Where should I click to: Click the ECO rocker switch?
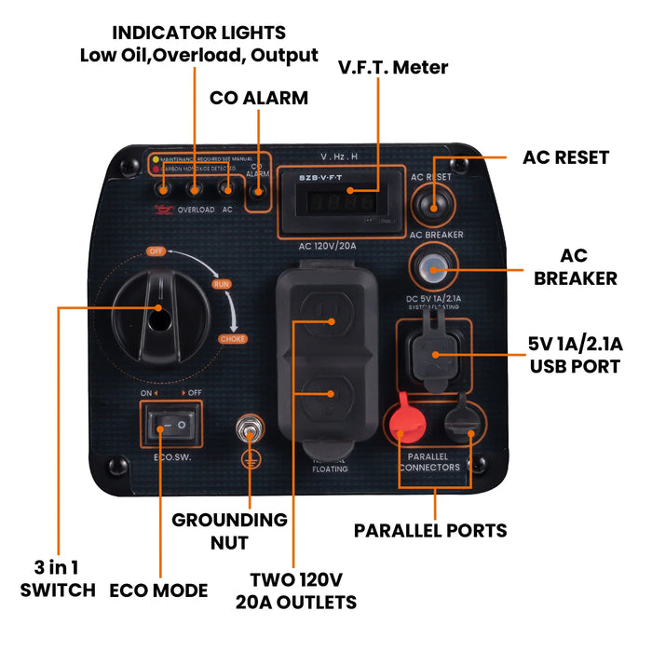click(x=172, y=428)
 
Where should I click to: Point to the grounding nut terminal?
click(x=249, y=430)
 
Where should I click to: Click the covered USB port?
click(x=434, y=352)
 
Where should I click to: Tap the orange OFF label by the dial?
click(x=156, y=251)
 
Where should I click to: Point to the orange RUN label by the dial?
click(x=222, y=283)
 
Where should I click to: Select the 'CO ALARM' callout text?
click(x=258, y=98)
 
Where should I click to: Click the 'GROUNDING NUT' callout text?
click(x=229, y=530)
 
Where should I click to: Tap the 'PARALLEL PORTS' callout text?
click(x=430, y=530)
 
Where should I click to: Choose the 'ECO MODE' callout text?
click(x=158, y=590)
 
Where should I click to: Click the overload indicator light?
click(x=195, y=190)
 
